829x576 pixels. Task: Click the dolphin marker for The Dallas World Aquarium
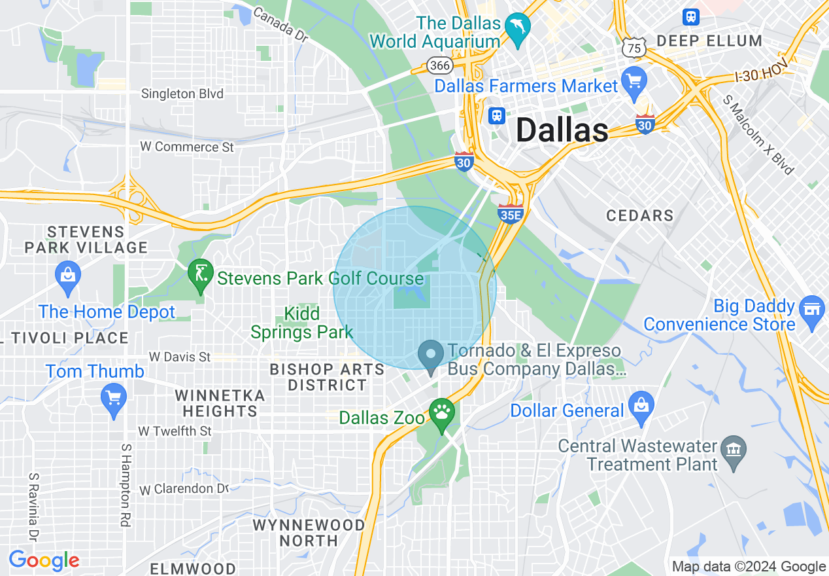518,28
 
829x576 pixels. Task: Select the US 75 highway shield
634,47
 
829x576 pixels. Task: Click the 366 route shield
440,65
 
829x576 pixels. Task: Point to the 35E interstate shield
511,213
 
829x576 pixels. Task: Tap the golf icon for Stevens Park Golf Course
200,275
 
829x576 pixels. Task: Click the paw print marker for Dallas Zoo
442,413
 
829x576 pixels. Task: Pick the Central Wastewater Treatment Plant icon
733,449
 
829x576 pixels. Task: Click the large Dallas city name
562,130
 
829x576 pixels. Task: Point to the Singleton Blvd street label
182,94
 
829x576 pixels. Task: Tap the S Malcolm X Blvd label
758,134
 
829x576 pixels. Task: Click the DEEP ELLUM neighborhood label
709,41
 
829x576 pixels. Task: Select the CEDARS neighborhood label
639,215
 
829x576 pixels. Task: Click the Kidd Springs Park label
301,323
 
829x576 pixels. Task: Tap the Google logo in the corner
44,560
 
